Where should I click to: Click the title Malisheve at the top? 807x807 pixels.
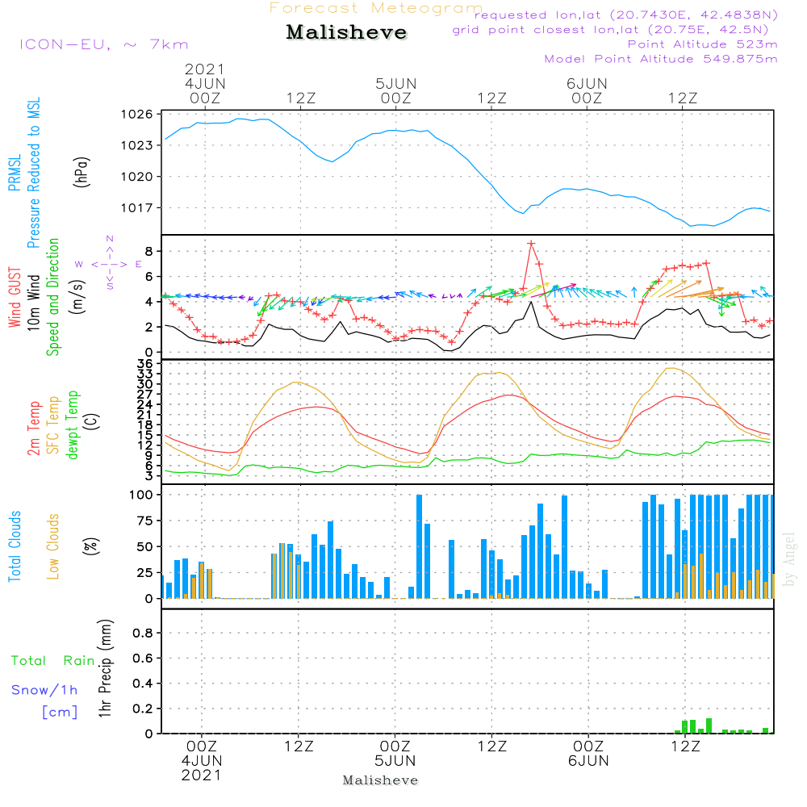coord(346,32)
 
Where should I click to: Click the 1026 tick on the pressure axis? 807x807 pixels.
coord(137,114)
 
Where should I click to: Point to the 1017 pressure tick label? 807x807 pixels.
coord(137,208)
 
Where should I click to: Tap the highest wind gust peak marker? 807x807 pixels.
coord(531,244)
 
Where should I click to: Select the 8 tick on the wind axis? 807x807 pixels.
coord(148,251)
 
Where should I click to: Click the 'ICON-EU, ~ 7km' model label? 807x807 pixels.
coord(104,44)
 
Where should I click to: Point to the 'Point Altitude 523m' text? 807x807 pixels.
coord(703,44)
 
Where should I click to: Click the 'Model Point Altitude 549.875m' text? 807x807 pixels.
coord(661,59)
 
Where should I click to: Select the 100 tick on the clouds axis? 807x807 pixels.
coord(141,495)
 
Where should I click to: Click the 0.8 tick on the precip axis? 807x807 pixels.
coord(143,633)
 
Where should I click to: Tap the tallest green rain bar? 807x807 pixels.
coord(709,725)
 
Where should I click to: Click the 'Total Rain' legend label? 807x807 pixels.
coord(53,660)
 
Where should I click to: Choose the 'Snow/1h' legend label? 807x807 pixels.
coord(44,690)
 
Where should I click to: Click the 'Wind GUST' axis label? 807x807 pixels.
coord(15,298)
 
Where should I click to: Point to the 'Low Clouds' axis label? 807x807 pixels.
coord(52,546)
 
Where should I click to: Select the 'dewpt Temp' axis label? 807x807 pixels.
coord(72,424)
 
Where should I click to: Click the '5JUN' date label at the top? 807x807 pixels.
coord(395,83)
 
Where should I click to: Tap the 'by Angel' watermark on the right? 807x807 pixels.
coord(788,559)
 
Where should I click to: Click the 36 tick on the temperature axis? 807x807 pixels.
coord(145,364)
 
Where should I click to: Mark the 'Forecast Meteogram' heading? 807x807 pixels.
coord(376,8)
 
